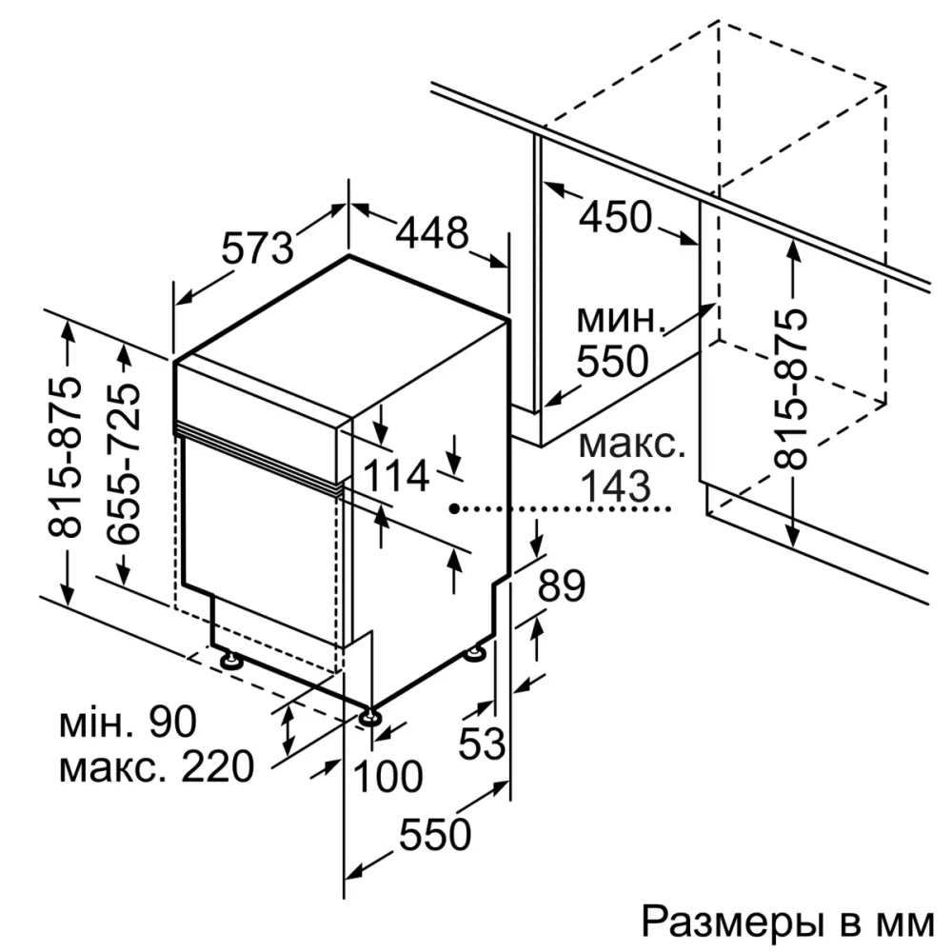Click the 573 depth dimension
(257, 249)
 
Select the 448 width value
(432, 233)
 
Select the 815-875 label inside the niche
(792, 389)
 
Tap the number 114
(397, 476)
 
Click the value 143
(616, 486)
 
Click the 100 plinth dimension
(388, 777)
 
